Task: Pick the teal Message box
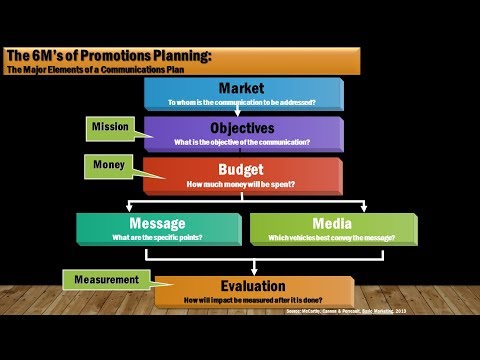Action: point(158,229)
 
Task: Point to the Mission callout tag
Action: point(111,127)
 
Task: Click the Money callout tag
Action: point(109,162)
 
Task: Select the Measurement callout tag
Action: point(101,280)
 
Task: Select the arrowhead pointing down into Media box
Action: point(364,208)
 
